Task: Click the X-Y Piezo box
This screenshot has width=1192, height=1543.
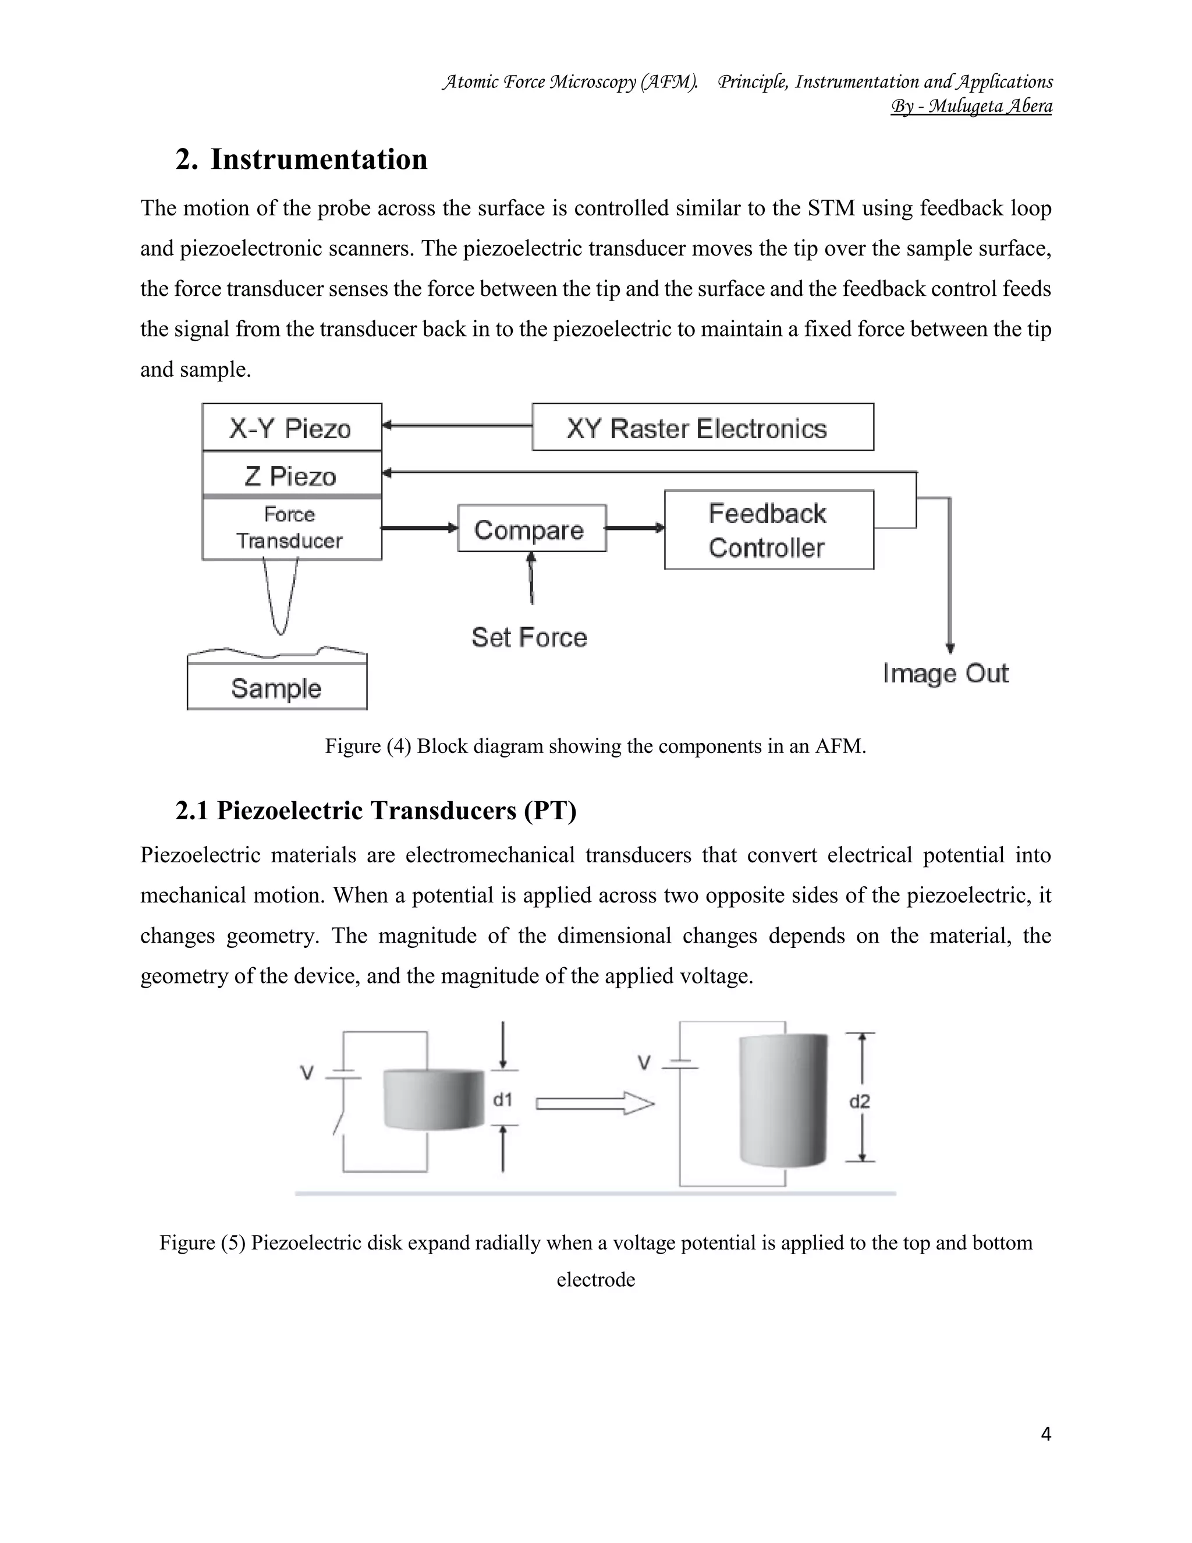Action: [x=292, y=427]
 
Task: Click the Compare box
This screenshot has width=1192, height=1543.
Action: [x=531, y=529]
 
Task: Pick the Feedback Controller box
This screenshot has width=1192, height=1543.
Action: [x=768, y=530]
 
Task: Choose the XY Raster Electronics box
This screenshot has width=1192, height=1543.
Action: [x=702, y=427]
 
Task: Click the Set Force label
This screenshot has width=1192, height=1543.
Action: [x=530, y=637]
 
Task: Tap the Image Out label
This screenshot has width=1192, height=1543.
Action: [x=945, y=673]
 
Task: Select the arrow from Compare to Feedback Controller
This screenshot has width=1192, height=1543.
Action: [x=635, y=528]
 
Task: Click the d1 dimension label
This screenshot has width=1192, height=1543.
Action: [x=502, y=1099]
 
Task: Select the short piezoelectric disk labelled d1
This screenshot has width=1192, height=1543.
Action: [x=434, y=1099]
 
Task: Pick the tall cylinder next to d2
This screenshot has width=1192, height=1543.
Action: [x=782, y=1100]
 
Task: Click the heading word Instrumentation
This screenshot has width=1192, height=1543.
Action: [x=318, y=159]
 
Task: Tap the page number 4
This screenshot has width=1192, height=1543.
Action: [x=1046, y=1434]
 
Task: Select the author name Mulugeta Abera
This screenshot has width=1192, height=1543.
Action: [x=989, y=106]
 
